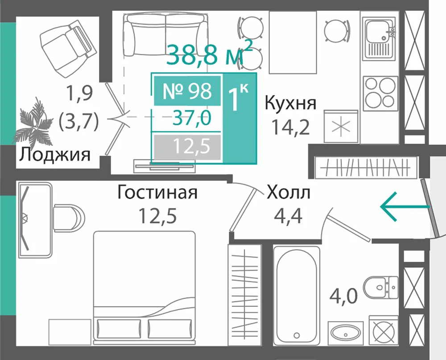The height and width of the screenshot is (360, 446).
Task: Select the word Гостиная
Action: [x=157, y=192]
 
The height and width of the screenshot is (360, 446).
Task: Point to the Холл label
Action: [x=289, y=192]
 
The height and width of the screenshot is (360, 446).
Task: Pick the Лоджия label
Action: [x=54, y=155]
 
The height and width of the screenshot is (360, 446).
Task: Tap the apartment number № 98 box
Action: [x=187, y=91]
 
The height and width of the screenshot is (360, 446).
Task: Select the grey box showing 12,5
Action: [x=187, y=147]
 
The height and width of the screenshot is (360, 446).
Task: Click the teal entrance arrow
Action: [x=405, y=207]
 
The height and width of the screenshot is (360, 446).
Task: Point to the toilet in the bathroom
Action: [x=381, y=287]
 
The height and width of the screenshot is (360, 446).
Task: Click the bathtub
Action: [x=297, y=295]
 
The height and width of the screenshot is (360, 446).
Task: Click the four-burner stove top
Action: [x=380, y=93]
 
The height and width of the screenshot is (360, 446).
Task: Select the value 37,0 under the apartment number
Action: [x=192, y=118]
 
